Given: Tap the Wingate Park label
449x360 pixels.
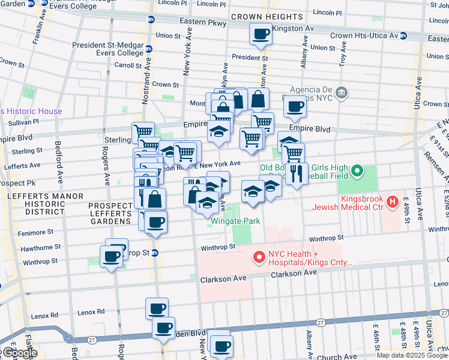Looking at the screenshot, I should (235, 221).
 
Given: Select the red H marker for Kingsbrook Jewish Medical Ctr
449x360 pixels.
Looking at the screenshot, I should (393, 200).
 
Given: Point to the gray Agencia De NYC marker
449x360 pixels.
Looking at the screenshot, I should (342, 92).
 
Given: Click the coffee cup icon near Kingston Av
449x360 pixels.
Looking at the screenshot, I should (261, 34).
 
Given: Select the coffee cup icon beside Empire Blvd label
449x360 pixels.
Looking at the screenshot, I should (295, 106).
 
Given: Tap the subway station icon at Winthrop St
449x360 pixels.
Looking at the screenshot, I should (154, 253).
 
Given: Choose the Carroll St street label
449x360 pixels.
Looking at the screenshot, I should (128, 65).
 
